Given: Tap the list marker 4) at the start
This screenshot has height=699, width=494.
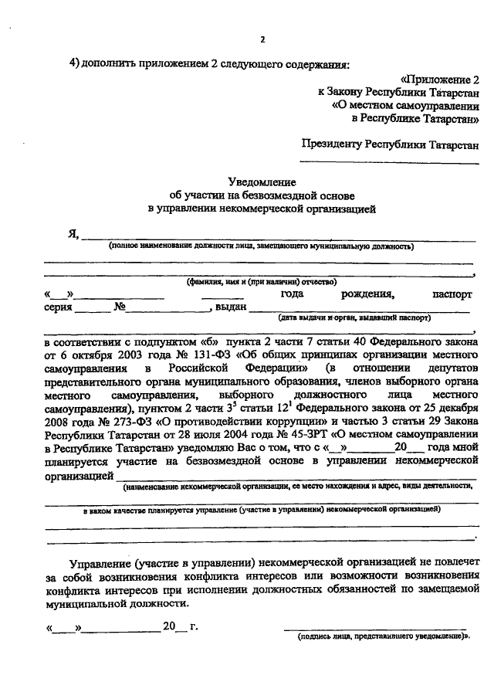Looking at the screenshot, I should pos(75,63).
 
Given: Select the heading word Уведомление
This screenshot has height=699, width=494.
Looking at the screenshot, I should pos(262,181).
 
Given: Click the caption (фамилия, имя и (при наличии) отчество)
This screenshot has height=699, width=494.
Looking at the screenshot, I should pos(262,283).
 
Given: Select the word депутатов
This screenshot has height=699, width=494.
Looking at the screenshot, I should pos(448,367).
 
